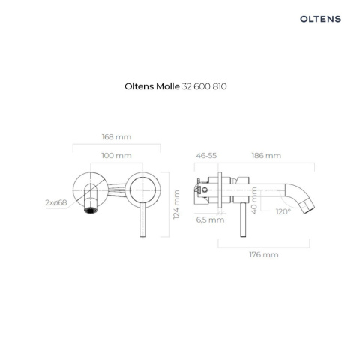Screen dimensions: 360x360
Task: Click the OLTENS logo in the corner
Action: tap(320, 19)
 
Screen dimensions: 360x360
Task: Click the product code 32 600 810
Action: tap(204, 86)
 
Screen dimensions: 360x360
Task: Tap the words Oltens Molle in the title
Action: tap(152, 86)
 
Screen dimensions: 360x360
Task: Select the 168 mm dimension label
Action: tap(116, 137)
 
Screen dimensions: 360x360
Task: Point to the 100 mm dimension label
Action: tap(116, 156)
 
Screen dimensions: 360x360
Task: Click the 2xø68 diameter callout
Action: tap(56, 202)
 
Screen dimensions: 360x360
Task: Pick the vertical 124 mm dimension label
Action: tap(176, 205)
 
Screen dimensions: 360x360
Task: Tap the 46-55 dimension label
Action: tap(206, 156)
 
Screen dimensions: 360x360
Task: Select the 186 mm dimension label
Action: tap(266, 156)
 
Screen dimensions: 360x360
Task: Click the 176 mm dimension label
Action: tap(264, 254)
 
